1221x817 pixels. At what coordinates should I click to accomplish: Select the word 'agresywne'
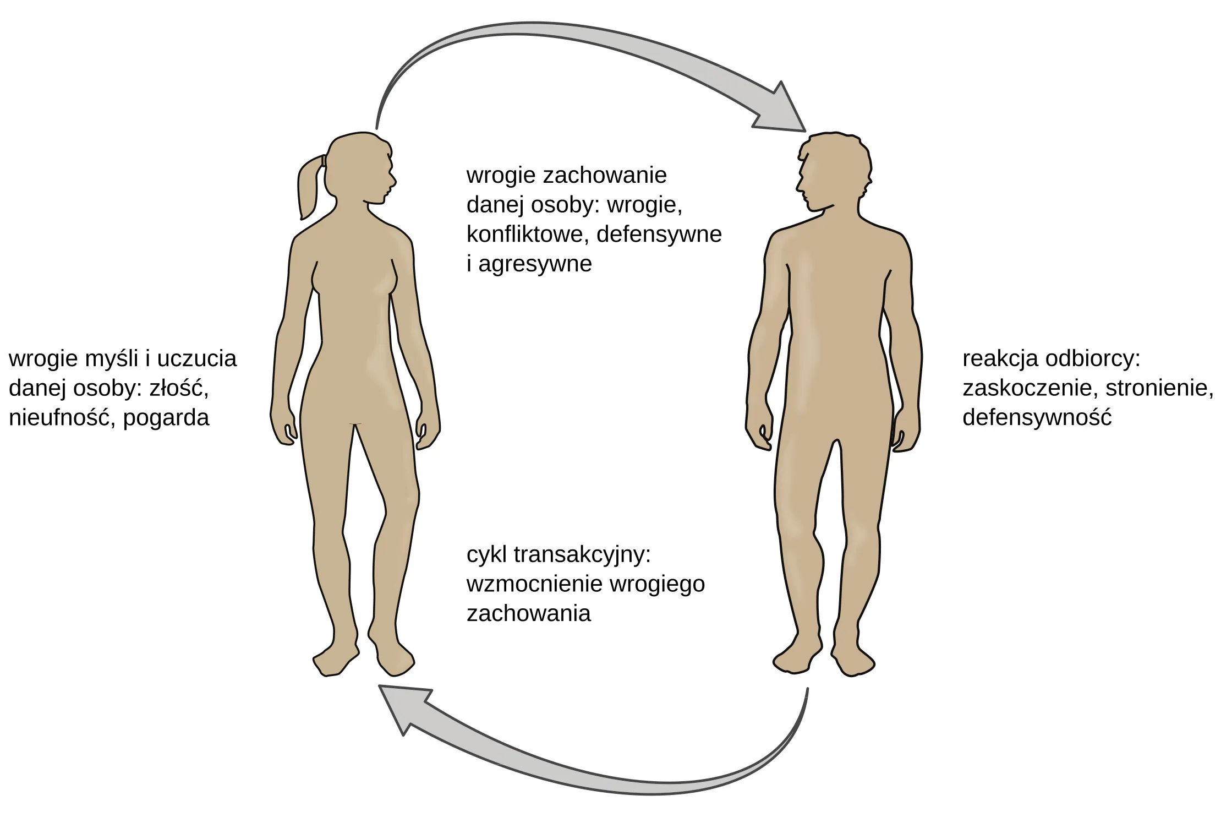click(535, 264)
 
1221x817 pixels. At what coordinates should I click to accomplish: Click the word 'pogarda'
click(166, 418)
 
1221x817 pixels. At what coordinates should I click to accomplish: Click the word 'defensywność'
click(1037, 418)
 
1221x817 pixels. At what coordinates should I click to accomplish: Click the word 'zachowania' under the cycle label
click(528, 613)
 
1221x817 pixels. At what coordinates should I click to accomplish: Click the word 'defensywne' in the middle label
click(659, 235)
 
